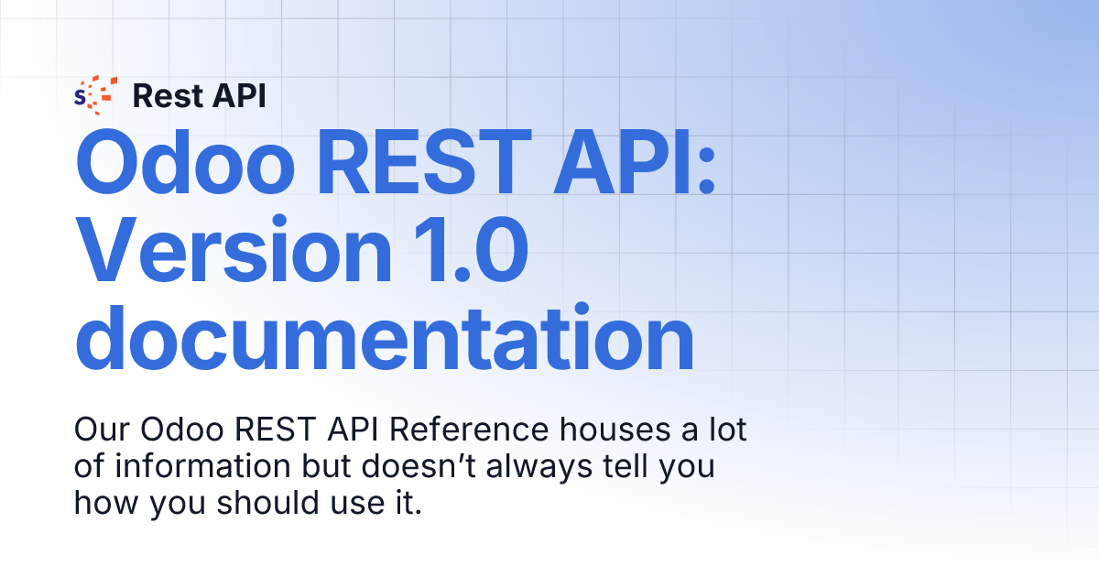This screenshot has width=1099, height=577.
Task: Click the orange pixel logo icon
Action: (x=95, y=95)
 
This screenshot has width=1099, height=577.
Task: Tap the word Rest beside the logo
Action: (x=168, y=95)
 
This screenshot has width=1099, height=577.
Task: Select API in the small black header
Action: (x=239, y=95)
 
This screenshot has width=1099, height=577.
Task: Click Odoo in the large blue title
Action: (x=185, y=163)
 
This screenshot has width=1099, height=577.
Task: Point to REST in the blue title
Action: (x=425, y=163)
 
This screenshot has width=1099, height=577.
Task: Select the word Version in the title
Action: (x=234, y=250)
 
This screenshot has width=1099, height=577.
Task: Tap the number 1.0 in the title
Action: (x=471, y=250)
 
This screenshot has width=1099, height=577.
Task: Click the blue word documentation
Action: (x=385, y=338)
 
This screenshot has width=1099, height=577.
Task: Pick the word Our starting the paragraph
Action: (x=102, y=430)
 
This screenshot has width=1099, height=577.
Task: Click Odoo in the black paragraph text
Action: (x=182, y=430)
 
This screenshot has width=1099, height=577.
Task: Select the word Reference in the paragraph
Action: (x=469, y=430)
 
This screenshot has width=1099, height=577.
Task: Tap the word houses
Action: (x=615, y=430)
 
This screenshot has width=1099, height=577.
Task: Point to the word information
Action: (x=202, y=466)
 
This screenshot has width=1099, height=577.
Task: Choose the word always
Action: (x=539, y=469)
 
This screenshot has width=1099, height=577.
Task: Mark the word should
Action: (x=267, y=503)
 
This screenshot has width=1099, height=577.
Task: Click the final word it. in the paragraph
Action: (x=409, y=503)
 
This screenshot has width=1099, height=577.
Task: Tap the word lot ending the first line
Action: (x=727, y=430)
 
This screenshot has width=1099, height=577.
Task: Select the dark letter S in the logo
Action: (x=80, y=98)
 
